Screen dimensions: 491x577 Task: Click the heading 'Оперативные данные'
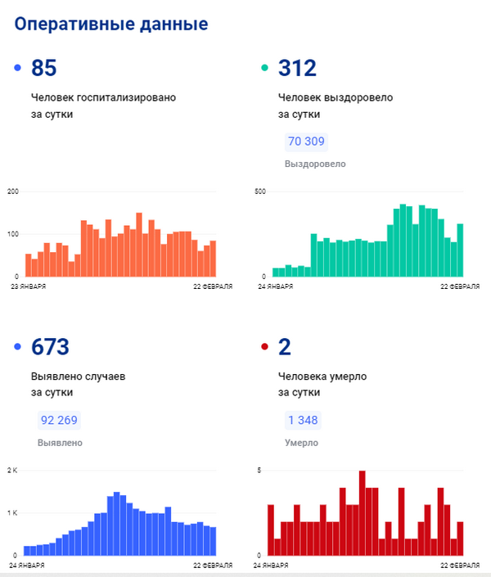111,25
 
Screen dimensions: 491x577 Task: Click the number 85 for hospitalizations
44,68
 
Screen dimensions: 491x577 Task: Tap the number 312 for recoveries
297,68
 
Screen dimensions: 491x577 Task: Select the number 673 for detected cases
50,347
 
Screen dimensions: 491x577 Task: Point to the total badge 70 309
306,142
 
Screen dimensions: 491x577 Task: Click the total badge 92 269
59,420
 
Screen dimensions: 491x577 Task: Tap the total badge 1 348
303,420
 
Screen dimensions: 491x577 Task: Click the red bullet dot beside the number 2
264,346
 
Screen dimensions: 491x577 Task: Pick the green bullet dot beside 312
264,68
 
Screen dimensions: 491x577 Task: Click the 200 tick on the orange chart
13,192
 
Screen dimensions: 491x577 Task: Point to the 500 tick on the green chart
260,192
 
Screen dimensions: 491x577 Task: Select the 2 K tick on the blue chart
12,471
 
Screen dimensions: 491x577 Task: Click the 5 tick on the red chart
259,471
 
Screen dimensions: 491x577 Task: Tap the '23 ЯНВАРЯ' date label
29,286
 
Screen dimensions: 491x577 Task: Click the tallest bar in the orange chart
139,245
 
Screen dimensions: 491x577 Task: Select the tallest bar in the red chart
363,513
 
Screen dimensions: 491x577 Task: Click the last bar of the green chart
460,250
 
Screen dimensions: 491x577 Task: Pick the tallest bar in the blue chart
117,524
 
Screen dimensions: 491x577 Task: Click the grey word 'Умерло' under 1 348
301,443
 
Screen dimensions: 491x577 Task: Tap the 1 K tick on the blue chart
12,513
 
